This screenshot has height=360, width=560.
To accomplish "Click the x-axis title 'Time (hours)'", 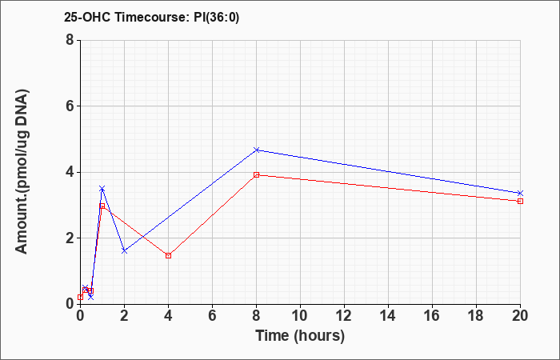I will click(300, 335).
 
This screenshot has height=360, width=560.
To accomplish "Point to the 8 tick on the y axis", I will click(70, 40).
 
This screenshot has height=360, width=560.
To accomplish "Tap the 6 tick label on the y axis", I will click(70, 106).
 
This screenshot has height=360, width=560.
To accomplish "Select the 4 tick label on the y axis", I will click(70, 172).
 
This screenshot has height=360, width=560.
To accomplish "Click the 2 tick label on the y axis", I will click(70, 238).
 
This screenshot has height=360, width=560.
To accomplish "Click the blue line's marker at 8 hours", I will click(256, 150).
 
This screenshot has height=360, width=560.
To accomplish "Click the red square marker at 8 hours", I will click(256, 174).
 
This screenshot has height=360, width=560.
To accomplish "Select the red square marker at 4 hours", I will click(168, 255).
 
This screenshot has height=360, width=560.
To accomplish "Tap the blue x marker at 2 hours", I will click(124, 250).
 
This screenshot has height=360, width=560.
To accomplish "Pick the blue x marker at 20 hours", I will click(520, 193).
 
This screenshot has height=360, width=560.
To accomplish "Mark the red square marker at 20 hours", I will click(520, 201).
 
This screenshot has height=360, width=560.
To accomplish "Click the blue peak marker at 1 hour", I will click(102, 188).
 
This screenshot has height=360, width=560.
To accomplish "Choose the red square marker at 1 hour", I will click(102, 206).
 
